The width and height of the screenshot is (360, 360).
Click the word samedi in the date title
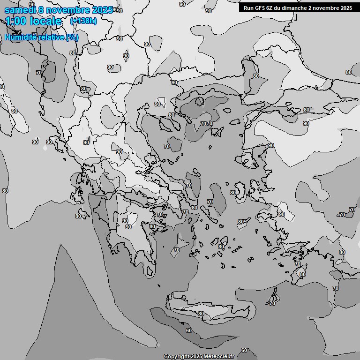[19, 10]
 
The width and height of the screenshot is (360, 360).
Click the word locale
[45, 21]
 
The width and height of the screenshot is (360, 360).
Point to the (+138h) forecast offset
[83, 21]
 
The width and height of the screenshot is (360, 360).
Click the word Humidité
[20, 37]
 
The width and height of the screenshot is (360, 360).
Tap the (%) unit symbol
[72, 37]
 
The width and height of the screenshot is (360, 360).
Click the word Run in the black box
[249, 7]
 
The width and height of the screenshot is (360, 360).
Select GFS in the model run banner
[260, 7]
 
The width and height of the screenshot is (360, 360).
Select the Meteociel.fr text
[219, 356]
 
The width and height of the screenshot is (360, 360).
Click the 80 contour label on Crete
[201, 314]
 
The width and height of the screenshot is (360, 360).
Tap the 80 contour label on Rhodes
[302, 274]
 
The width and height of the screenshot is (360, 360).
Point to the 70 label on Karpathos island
[272, 303]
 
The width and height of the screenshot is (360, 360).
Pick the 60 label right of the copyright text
[244, 350]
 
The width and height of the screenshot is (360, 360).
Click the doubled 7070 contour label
[207, 124]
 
